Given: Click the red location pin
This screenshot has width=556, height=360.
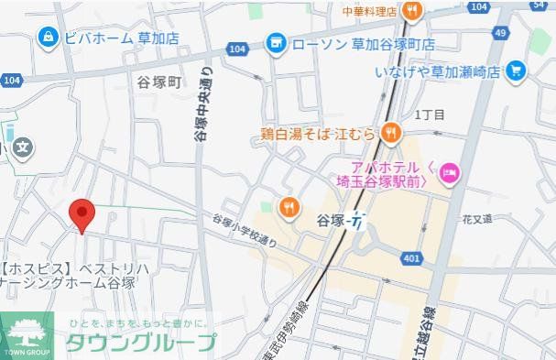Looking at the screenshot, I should (82, 214).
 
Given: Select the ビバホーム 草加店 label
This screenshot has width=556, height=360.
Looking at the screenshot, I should (120, 38).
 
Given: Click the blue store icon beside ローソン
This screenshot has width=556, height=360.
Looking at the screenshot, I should (275, 43).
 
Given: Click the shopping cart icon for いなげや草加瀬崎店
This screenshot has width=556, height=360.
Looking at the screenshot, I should (516, 70).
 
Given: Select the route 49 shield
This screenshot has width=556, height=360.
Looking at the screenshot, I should (499, 33).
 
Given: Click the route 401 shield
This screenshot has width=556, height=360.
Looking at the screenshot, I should (411, 259).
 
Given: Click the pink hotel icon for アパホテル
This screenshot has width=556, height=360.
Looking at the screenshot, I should (449, 171).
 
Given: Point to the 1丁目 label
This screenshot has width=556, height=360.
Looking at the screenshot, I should (430, 115).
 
